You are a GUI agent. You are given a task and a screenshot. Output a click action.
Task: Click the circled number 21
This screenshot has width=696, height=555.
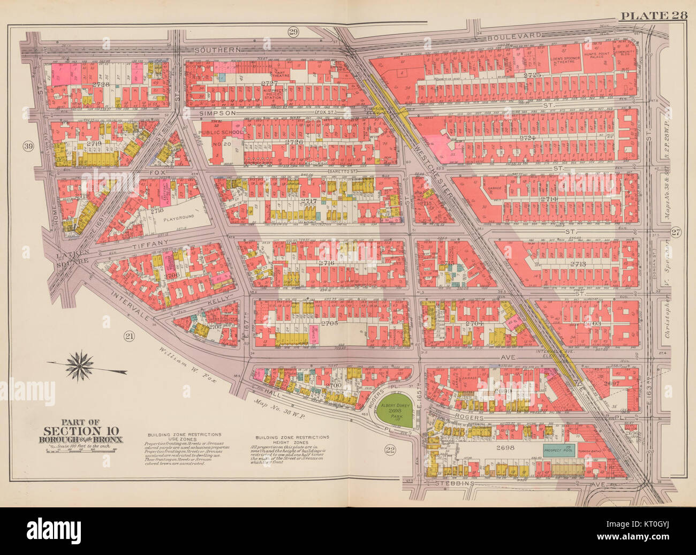click(x=128, y=336)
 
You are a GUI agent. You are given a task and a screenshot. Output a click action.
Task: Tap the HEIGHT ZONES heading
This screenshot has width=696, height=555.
click(x=292, y=442)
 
